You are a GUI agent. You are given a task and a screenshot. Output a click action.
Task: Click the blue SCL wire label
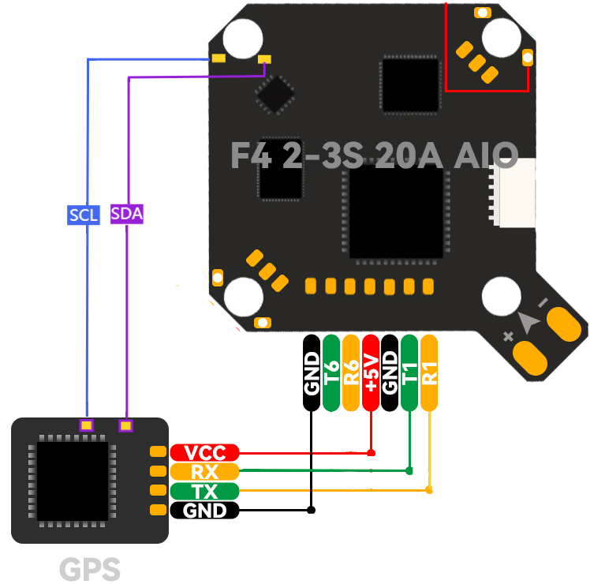[84, 215]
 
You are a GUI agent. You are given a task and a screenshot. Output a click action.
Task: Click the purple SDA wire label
[126, 215]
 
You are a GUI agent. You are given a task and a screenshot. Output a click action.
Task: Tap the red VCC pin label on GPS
[204, 453]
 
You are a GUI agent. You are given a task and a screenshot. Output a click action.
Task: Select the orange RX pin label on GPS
[204, 472]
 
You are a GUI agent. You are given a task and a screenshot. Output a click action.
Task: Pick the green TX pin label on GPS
[204, 491]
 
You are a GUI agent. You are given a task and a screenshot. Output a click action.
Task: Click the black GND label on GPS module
[204, 511]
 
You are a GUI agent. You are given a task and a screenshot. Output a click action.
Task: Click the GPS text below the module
[90, 569]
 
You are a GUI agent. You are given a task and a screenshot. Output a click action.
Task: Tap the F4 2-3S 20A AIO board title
[374, 155]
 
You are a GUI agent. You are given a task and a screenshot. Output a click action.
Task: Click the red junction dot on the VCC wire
[372, 453]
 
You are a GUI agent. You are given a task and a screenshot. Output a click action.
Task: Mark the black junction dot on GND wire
[312, 510]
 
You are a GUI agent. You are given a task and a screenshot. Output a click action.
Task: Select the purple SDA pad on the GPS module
[125, 426]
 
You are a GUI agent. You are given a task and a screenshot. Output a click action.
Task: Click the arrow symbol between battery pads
[528, 322]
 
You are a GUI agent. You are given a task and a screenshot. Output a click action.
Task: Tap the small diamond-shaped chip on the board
[275, 95]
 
